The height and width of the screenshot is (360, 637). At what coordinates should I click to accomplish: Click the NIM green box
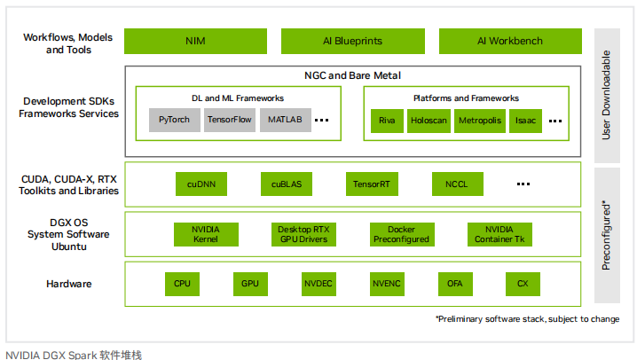pos(195,41)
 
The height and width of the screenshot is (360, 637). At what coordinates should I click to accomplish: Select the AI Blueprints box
pos(352,41)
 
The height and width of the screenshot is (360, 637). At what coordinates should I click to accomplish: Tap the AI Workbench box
pos(510,41)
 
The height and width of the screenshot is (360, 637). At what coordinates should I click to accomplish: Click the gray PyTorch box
pos(174,120)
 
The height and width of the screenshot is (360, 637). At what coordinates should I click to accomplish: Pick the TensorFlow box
pos(230,120)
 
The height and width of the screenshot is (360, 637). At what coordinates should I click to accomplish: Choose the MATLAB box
pos(285,120)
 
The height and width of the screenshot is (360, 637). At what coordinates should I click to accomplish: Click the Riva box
pos(387,121)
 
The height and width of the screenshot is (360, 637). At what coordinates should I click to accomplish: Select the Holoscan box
pos(429,121)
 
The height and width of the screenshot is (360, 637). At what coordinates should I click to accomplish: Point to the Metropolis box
pos(480,121)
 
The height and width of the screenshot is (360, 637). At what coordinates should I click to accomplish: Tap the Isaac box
pos(525,121)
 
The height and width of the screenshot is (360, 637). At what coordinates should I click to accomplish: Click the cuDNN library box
pos(201,184)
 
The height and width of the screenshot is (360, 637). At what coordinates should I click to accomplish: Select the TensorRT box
pos(372,184)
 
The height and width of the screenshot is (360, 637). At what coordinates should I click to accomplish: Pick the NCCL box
pos(458,184)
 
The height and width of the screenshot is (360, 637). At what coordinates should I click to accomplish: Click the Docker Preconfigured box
pos(402,234)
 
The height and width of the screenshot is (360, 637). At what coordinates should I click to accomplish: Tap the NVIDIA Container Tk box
pos(499,234)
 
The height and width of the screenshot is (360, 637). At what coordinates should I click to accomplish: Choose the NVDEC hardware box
pos(318,284)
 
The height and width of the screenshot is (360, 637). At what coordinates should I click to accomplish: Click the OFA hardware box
pos(455,284)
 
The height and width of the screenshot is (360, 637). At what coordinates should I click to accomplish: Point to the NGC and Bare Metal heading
pos(352,75)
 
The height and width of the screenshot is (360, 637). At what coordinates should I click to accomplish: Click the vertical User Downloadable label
pos(606,95)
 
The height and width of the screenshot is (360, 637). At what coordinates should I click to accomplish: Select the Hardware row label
pos(68,284)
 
